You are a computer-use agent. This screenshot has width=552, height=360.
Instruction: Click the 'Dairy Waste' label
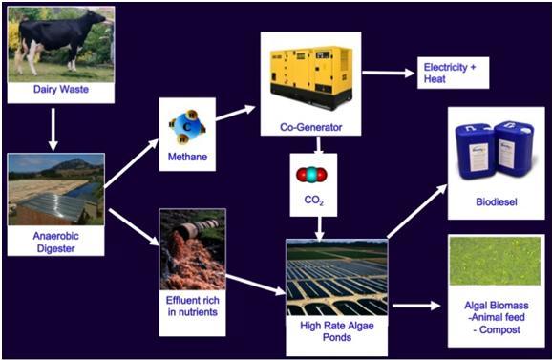coord(61,89)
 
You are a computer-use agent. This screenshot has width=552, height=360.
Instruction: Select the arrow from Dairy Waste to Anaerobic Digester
coord(53,129)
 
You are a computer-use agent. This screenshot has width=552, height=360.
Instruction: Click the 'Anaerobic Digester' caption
coord(56,243)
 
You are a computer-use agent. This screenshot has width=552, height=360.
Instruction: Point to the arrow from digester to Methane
coord(131,163)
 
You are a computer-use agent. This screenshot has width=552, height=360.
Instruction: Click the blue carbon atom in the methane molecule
coord(187,127)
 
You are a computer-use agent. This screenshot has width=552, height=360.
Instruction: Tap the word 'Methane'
coord(187,157)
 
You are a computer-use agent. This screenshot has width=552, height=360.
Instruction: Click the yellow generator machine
coord(310,77)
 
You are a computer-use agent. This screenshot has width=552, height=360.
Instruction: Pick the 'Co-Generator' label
coord(310,127)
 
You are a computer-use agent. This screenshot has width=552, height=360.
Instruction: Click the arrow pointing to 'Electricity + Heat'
coord(389,73)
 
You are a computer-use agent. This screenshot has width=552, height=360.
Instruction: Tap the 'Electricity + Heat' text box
coord(453,73)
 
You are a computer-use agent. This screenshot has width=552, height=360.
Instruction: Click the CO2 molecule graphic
coord(311,175)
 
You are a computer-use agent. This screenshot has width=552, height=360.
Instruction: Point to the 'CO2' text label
coord(313,201)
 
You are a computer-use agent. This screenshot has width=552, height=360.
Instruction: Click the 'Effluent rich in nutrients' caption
coord(193,306)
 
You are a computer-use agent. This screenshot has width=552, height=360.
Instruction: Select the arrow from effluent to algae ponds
coord(256,285)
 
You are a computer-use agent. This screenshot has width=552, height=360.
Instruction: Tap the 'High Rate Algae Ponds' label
coord(337,331)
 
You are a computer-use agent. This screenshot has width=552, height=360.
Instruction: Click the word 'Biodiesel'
coord(497,202)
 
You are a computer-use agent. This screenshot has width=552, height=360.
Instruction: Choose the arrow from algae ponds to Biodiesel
coord(417,211)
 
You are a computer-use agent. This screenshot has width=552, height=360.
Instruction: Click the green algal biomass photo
coord(495,261)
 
